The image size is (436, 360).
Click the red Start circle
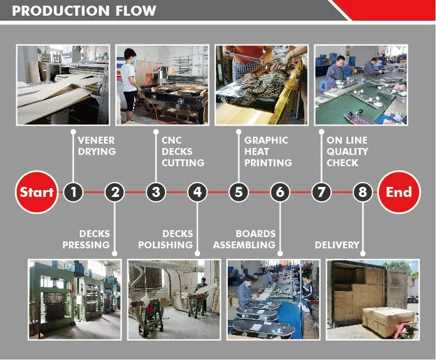tap(36, 192)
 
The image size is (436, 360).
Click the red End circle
tap(399, 192)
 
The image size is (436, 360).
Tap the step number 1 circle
tap(73, 192)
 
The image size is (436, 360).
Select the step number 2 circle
tap(114, 192)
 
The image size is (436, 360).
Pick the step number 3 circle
tap(156, 192)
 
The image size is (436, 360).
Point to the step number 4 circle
tap(197, 192)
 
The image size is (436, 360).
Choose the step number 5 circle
tap(238, 192)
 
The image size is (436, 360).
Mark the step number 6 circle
tap(280, 192)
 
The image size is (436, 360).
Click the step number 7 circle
tap(321, 192)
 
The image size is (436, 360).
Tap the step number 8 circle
tap(362, 192)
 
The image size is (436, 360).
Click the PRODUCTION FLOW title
tap(84, 11)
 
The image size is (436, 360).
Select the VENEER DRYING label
tap(97, 146)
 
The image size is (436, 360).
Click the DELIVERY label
tap(337, 245)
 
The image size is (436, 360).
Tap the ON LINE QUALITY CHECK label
tap(348, 151)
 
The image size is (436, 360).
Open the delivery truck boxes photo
tap(372, 299)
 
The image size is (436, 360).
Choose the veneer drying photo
tap(63, 84)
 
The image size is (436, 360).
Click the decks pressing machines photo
tap(74, 299)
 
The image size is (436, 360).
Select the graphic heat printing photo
tap(261, 84)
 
